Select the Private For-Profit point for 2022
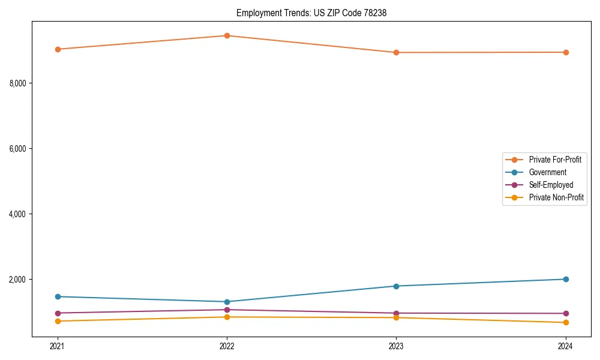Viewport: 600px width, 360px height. click(227, 35)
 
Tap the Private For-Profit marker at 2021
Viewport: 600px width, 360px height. click(58, 49)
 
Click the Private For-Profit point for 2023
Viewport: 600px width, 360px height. click(396, 52)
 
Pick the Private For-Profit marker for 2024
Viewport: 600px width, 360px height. click(566, 52)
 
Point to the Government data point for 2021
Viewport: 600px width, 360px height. click(58, 296)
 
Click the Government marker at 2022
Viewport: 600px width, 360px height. click(227, 302)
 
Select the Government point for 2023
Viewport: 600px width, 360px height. click(396, 286)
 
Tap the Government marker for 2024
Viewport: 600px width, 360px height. click(566, 279)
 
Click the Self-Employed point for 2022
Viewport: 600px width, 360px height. click(227, 310)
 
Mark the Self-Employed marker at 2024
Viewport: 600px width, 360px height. click(566, 313)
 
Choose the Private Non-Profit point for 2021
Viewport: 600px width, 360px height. click(58, 321)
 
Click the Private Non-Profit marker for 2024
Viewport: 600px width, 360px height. click(566, 323)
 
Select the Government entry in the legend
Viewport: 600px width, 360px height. click(547, 172)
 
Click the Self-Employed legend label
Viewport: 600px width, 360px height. click(551, 185)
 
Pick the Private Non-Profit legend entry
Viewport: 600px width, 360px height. click(556, 197)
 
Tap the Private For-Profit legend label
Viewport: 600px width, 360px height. click(555, 160)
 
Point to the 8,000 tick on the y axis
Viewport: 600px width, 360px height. click(18, 83)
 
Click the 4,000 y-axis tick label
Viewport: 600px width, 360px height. click(18, 214)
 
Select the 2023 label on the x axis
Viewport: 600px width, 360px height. click(396, 346)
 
